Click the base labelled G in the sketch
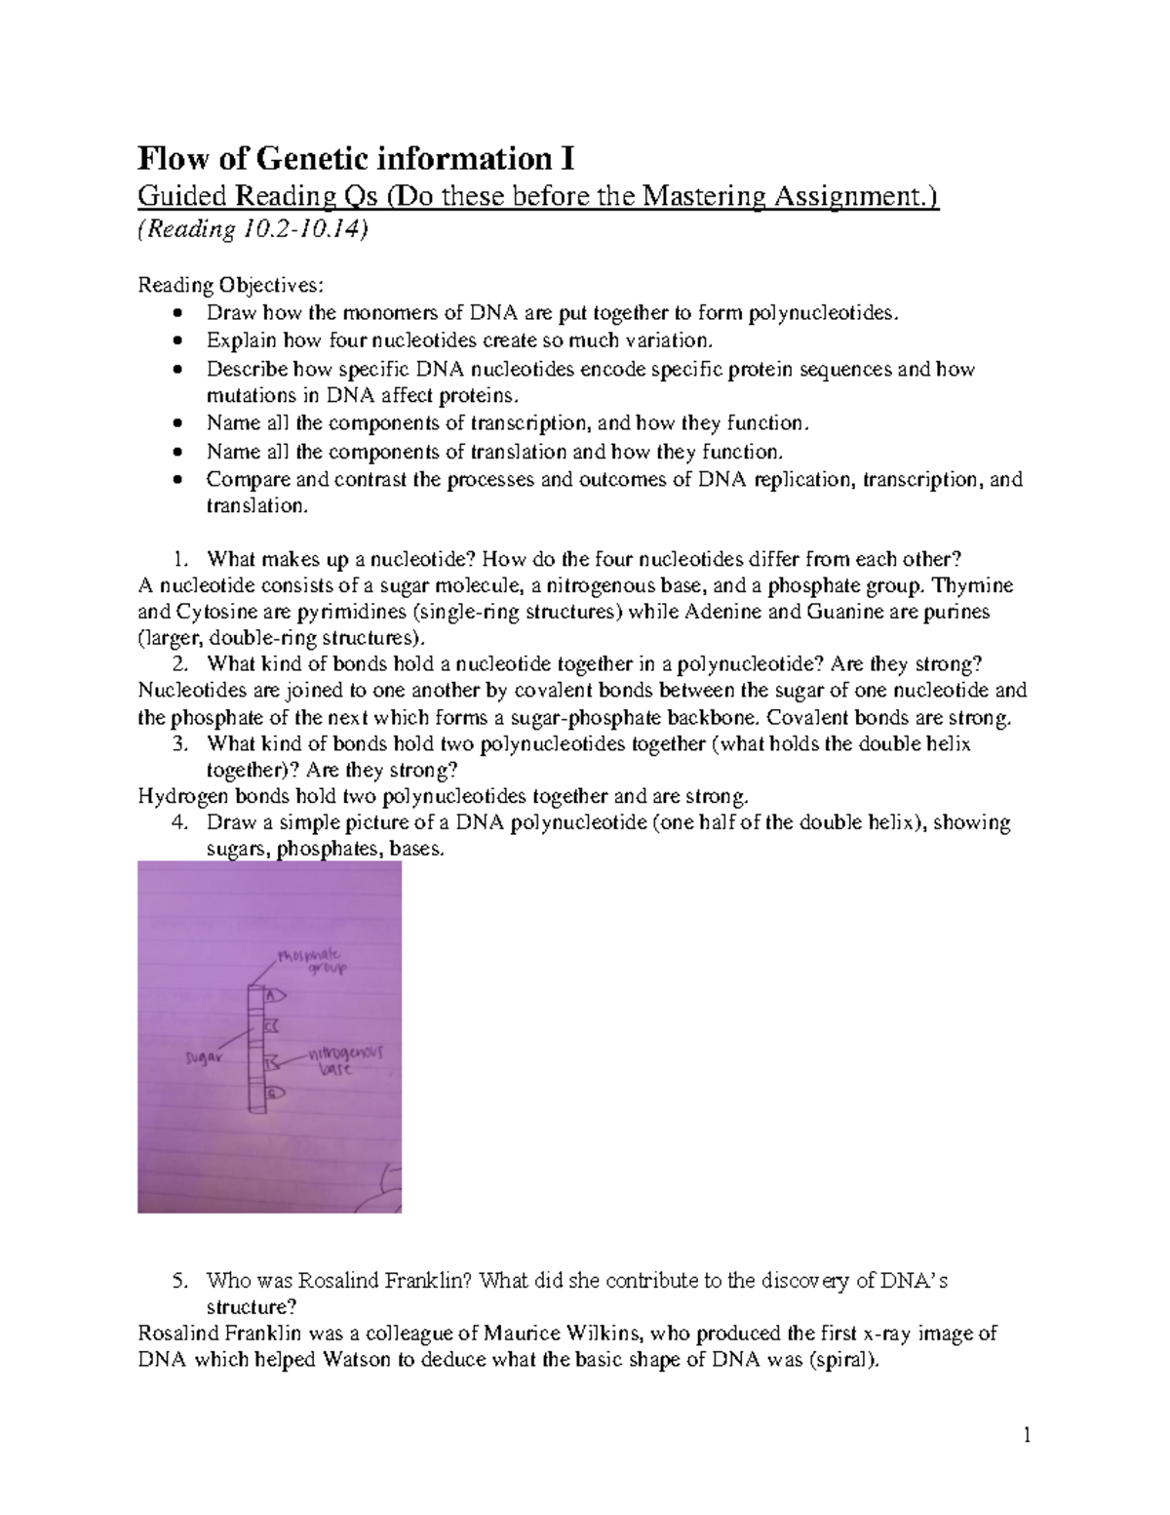point(273,1092)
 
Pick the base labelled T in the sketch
point(272,1060)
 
